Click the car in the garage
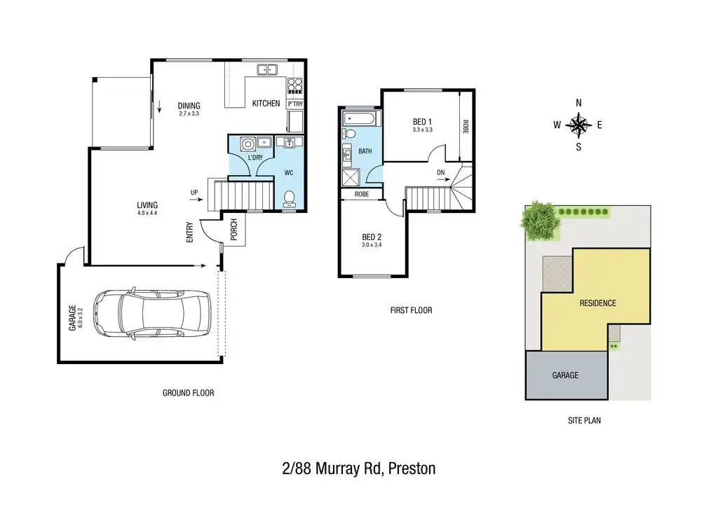click(152, 314)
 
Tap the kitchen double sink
click(267, 69)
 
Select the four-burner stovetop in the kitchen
click(294, 85)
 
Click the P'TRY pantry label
click(295, 104)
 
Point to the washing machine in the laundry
click(248, 144)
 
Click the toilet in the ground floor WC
click(290, 198)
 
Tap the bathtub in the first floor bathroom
click(360, 119)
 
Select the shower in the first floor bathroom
click(351, 177)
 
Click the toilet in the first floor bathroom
click(349, 134)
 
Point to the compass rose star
click(578, 125)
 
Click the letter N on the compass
click(578, 103)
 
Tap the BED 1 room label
click(422, 122)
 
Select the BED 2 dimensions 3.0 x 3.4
click(372, 245)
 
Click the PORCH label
click(234, 230)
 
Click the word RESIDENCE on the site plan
click(597, 303)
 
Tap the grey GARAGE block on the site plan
click(567, 375)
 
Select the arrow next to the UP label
click(195, 200)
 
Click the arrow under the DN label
click(443, 180)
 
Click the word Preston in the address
click(412, 468)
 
